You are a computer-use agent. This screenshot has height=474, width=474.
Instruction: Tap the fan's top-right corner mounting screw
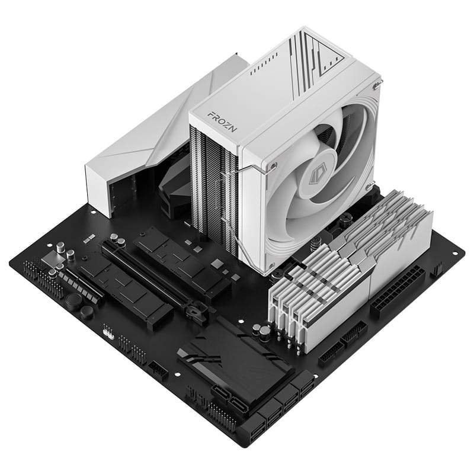[x=376, y=87]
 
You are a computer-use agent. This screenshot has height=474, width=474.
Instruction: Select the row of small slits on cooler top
[x=263, y=71]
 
